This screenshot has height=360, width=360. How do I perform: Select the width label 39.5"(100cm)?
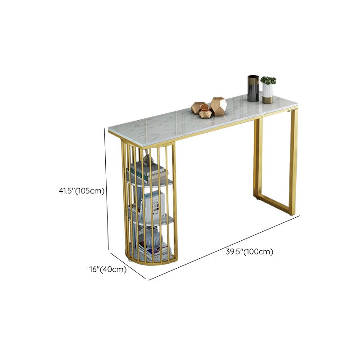click(x=249, y=252)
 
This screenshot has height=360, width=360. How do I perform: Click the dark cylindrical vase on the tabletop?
click(x=253, y=88)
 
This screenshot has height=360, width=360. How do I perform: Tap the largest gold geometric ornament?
click(x=218, y=106)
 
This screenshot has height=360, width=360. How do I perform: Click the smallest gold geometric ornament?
click(x=205, y=113)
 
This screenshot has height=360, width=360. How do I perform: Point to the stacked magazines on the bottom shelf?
click(x=153, y=251)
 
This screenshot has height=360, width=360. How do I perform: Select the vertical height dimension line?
click(x=108, y=189)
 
